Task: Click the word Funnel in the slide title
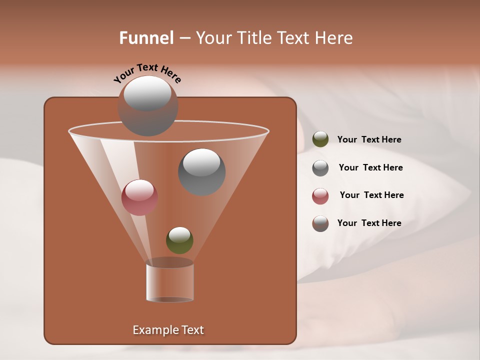pyautogui.click(x=146, y=38)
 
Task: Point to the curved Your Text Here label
pyautogui.click(x=147, y=73)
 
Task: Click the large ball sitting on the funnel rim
pyautogui.click(x=148, y=105)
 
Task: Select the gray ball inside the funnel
pyautogui.click(x=201, y=171)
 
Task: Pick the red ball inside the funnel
pyautogui.click(x=139, y=197)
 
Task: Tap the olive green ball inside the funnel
pyautogui.click(x=179, y=240)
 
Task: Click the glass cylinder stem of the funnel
pyautogui.click(x=170, y=282)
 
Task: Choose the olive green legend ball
pyautogui.click(x=320, y=139)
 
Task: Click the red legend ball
pyautogui.click(x=320, y=196)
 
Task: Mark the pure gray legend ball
pyautogui.click(x=320, y=168)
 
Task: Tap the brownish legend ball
pyautogui.click(x=320, y=223)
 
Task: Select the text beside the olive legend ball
pyautogui.click(x=369, y=140)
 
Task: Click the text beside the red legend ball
pyautogui.click(x=371, y=195)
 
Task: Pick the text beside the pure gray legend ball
pyautogui.click(x=370, y=168)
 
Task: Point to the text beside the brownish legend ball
pyautogui.click(x=369, y=223)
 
